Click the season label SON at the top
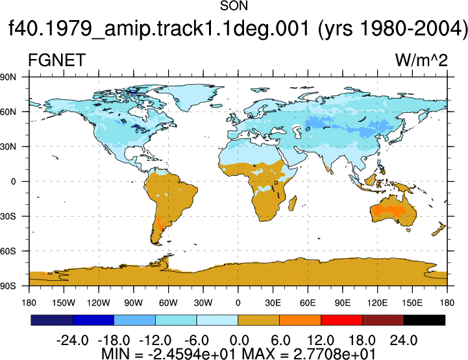tap(234, 6)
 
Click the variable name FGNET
tap(56, 60)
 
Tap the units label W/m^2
tap(421, 60)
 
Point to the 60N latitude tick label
tap(8, 112)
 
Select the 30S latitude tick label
tap(8, 216)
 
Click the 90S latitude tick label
tap(8, 286)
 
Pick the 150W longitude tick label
tap(64, 303)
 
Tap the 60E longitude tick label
tap(308, 303)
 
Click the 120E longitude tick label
tap(377, 303)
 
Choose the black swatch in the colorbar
tap(424, 320)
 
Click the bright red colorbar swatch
tap(341, 320)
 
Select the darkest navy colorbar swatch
tap(52, 320)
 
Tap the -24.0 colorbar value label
tap(72, 341)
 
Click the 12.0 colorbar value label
tap(321, 341)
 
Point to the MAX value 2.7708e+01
tap(334, 354)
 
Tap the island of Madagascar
tap(293, 204)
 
